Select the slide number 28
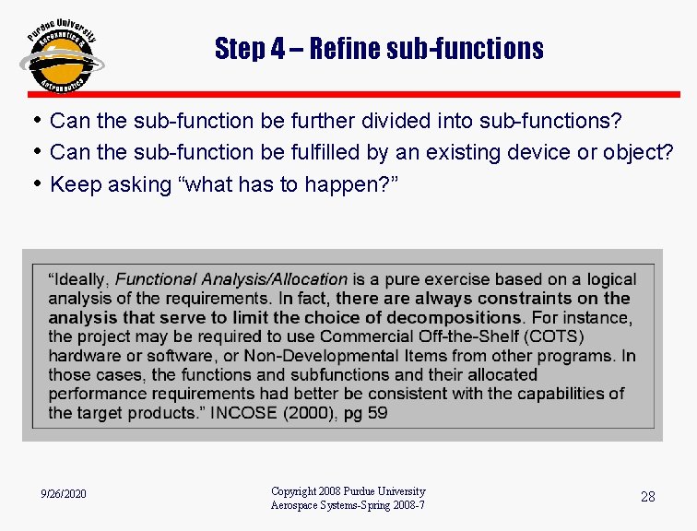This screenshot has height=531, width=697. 648,497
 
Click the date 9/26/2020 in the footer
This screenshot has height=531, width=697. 65,495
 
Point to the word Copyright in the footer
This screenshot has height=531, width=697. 294,491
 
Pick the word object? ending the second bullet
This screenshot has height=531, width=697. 640,153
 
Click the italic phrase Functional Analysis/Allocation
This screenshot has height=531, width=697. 231,278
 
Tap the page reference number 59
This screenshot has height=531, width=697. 377,413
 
